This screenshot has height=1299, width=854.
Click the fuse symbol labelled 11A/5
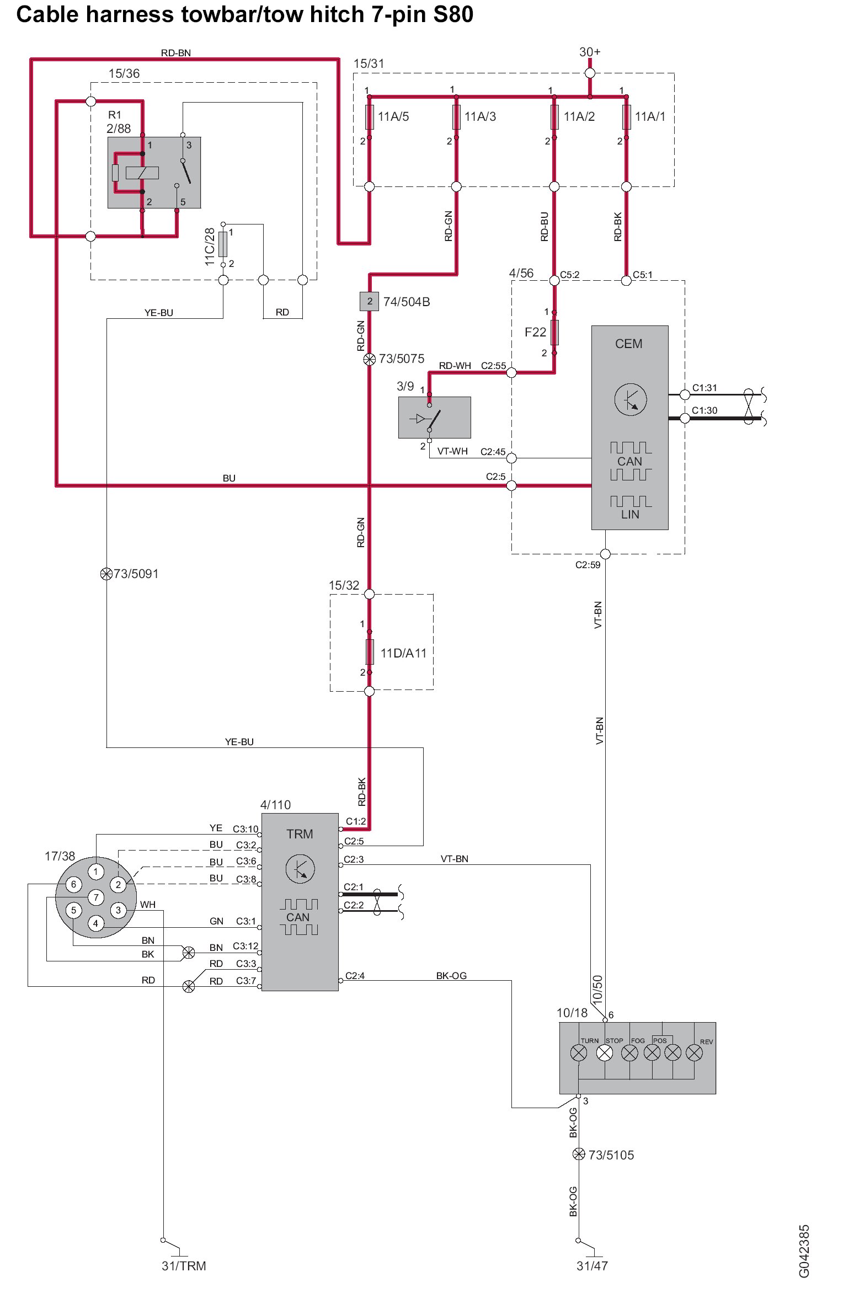[x=369, y=117]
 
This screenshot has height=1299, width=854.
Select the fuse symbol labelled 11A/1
[x=626, y=117]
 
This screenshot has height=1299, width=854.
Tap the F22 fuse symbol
[x=554, y=332]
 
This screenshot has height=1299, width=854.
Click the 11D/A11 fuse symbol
[x=370, y=652]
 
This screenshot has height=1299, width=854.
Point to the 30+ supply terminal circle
[x=590, y=73]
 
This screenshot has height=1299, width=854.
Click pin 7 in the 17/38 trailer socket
[x=96, y=897]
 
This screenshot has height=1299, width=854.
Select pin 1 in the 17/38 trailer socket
[x=96, y=872]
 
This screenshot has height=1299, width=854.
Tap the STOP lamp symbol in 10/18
[x=605, y=1053]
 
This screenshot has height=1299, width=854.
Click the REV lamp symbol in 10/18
[x=694, y=1053]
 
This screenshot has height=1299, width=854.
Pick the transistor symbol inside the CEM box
[x=631, y=399]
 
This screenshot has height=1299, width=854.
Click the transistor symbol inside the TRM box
[x=300, y=869]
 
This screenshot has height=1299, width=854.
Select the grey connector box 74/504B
[x=370, y=301]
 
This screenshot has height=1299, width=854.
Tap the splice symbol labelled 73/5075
[x=370, y=359]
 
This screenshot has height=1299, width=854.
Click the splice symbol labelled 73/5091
[x=106, y=574]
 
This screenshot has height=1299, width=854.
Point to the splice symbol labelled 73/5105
[x=579, y=1154]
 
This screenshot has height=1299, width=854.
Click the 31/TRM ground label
[x=184, y=1266]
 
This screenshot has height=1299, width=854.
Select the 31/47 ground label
[x=592, y=1266]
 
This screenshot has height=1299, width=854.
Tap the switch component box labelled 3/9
[x=434, y=418]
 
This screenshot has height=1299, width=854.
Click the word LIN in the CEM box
[x=630, y=514]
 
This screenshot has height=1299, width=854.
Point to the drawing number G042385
[x=804, y=1251]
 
